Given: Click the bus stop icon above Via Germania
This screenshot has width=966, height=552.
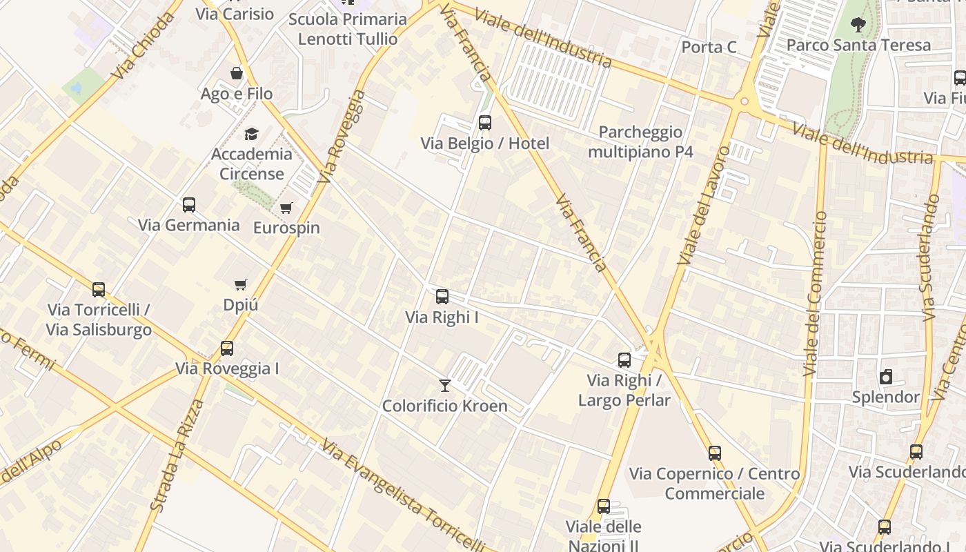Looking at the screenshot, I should pyautogui.click(x=188, y=205).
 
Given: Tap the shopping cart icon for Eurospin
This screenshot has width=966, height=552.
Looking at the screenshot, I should pyautogui.click(x=286, y=208).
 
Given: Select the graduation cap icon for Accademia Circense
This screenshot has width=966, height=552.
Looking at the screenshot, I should pyautogui.click(x=251, y=134).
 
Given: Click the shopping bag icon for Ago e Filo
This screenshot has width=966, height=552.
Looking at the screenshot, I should pyautogui.click(x=237, y=73).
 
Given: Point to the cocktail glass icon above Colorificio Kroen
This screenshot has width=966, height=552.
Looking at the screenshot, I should pyautogui.click(x=445, y=386).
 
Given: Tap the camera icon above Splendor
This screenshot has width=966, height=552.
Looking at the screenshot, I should pyautogui.click(x=886, y=377).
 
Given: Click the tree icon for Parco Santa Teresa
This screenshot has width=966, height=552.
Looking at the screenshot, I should pyautogui.click(x=858, y=26).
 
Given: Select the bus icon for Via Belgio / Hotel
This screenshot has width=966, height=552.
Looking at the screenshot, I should pyautogui.click(x=485, y=123).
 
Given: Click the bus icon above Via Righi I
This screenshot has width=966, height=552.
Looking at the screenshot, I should pyautogui.click(x=442, y=297).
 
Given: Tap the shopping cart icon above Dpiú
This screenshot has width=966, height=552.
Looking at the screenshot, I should pyautogui.click(x=241, y=284).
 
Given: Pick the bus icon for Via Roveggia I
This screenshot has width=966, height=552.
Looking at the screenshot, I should pyautogui.click(x=227, y=348).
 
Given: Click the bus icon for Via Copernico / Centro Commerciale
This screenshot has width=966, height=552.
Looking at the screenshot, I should pyautogui.click(x=715, y=453).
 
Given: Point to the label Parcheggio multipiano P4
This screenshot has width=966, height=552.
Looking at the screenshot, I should pyautogui.click(x=640, y=141).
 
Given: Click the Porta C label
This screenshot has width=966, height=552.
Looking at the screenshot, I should pyautogui.click(x=709, y=47).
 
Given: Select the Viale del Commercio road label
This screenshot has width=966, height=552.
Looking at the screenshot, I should pyautogui.click(x=815, y=293).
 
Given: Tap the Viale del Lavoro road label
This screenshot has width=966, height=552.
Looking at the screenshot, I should pyautogui.click(x=703, y=205).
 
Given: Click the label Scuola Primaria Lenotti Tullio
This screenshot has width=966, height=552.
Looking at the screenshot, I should pyautogui.click(x=348, y=29).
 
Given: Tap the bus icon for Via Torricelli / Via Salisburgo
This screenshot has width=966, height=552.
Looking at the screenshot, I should pyautogui.click(x=99, y=290).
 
